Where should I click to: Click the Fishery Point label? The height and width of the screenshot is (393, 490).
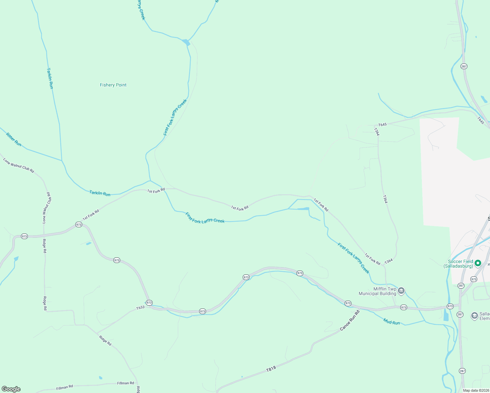tap(113, 85)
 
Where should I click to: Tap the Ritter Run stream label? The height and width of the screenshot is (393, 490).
tap(14, 140)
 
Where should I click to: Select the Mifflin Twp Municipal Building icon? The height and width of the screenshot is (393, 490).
tap(401, 290)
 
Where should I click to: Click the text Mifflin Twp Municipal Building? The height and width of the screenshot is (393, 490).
tap(377, 291)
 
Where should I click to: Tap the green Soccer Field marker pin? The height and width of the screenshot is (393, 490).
tap(478, 263)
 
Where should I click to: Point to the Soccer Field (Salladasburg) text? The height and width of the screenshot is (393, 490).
tap(459, 264)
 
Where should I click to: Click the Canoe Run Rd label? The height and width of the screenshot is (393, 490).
tap(350, 320)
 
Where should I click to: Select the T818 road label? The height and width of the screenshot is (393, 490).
tap(271, 369)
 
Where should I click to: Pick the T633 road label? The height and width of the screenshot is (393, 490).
tap(140, 308)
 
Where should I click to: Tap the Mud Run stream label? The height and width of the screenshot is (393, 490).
tap(391, 322)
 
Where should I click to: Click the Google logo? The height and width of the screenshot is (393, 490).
tap(11, 389)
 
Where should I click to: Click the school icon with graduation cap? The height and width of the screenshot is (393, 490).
tap(474, 315)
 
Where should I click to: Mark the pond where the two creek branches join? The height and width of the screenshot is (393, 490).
tap(186, 42)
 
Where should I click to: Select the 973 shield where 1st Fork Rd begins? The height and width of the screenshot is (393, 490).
tap(79, 224)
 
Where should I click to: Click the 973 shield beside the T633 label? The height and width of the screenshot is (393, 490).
tap(149, 303)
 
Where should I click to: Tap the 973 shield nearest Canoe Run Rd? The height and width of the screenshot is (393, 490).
tap(348, 304)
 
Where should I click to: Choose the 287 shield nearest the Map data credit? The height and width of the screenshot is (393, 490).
tap(462, 371)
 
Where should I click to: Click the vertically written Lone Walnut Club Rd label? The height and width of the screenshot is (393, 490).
tap(47, 208)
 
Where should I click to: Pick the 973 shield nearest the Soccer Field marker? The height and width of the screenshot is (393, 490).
tap(474, 279)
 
